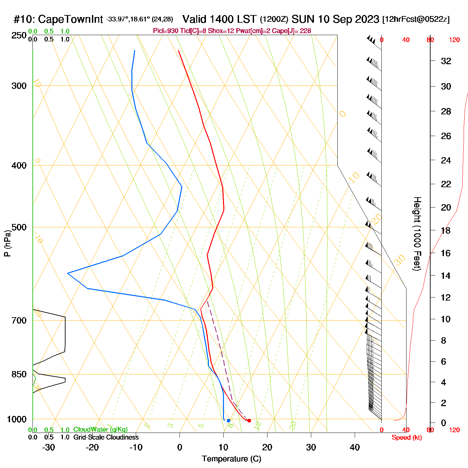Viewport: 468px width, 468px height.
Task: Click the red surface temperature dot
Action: [x=249, y=421]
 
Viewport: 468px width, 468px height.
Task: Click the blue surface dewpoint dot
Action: [x=228, y=421]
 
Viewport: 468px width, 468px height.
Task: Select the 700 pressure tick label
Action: [x=19, y=321]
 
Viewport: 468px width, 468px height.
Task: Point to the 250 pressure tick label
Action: [x=19, y=35]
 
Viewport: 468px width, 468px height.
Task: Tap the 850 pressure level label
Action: [x=19, y=374]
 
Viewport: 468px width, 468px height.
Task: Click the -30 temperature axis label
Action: [x=48, y=447]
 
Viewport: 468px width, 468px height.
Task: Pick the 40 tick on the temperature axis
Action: [x=355, y=447]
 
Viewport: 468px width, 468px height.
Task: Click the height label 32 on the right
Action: [x=446, y=61]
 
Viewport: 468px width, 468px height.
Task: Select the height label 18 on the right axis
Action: [x=446, y=231]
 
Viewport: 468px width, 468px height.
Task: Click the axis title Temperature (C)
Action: [x=231, y=459]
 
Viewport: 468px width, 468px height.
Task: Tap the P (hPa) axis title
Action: [x=7, y=243]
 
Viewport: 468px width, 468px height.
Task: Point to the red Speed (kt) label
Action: [x=406, y=438]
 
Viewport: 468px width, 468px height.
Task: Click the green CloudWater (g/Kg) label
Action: [x=100, y=430]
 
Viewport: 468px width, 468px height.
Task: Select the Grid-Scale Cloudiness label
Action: [x=106, y=437]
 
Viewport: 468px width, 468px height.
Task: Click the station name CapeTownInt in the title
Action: [x=70, y=19]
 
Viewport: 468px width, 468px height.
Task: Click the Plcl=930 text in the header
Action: [x=165, y=31]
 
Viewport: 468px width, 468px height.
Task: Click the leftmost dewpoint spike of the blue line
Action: [x=68, y=273]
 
